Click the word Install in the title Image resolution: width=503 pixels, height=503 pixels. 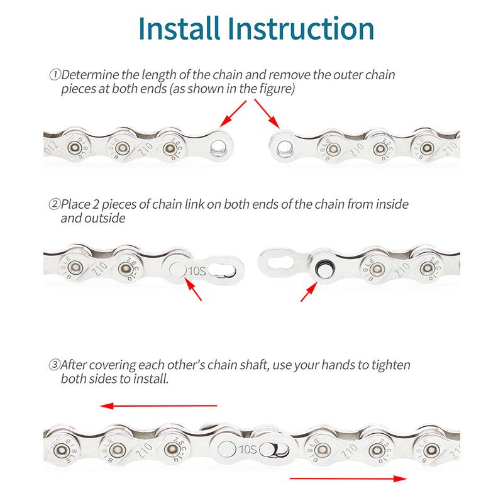point(179,28)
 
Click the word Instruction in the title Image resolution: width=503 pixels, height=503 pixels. point(301,28)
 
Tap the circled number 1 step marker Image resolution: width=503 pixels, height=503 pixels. point(55,74)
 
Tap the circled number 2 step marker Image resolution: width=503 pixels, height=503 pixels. point(55,204)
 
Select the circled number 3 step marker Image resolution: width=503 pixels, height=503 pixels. point(55,365)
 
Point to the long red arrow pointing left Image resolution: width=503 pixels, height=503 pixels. point(159,406)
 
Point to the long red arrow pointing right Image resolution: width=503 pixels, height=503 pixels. point(348,478)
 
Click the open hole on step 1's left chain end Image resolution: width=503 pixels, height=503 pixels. point(219,147)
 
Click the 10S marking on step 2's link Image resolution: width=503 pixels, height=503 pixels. point(197,271)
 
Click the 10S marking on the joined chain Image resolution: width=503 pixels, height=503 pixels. point(247,450)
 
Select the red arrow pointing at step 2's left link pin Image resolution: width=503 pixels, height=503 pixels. point(193,289)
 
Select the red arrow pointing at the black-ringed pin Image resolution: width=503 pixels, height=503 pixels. point(309,292)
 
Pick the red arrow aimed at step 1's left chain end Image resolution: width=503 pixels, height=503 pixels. point(233,114)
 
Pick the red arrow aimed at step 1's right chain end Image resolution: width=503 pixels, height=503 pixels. point(267,114)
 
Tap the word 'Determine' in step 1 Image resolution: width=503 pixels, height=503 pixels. point(90,75)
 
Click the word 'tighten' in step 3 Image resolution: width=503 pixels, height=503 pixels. point(390,365)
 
